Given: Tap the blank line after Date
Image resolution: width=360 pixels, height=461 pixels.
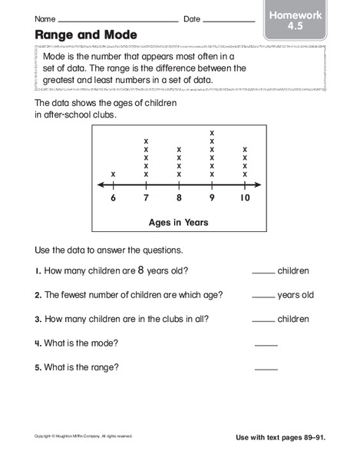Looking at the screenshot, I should pyautogui.click(x=230, y=21).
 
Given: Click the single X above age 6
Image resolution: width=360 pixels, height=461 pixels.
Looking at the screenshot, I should pyautogui.click(x=114, y=174).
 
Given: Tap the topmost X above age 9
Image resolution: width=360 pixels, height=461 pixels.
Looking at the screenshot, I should pyautogui.click(x=212, y=133).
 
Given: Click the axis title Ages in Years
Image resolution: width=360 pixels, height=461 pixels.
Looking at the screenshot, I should pyautogui.click(x=179, y=223).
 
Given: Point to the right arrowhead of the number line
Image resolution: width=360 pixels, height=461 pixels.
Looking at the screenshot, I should pyautogui.click(x=259, y=185).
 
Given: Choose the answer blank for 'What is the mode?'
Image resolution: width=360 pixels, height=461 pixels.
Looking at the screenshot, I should pyautogui.click(x=266, y=344).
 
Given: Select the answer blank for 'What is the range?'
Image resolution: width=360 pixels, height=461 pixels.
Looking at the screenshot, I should pyautogui.click(x=266, y=369).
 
